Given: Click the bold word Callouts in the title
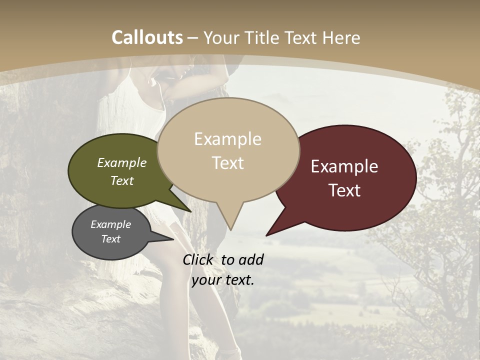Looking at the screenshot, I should [x=147, y=37].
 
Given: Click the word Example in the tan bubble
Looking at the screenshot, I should [x=227, y=139].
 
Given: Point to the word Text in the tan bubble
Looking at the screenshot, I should [x=227, y=163].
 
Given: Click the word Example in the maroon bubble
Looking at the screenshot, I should [x=344, y=166].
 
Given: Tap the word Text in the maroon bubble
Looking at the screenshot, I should [x=344, y=190].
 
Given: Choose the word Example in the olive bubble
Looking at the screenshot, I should [x=122, y=162].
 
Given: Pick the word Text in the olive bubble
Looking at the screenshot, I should [x=122, y=180].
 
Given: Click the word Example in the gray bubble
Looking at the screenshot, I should [x=111, y=224].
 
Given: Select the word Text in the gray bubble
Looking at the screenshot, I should [x=111, y=239].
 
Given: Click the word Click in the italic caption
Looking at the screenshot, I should [x=198, y=259].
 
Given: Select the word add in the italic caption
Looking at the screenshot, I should [x=251, y=259].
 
